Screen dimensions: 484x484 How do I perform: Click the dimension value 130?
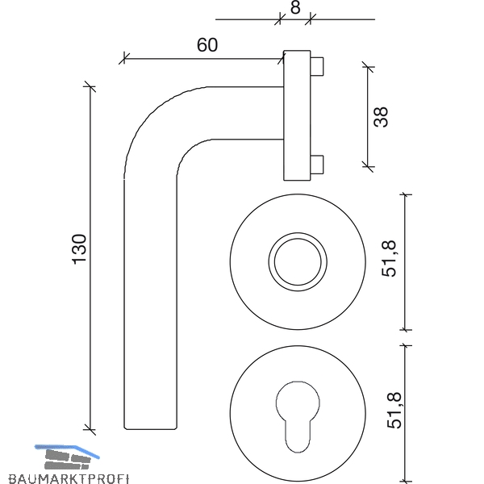[x=79, y=249]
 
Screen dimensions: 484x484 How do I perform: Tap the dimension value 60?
[x=207, y=45]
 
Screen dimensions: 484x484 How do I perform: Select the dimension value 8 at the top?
[x=295, y=7]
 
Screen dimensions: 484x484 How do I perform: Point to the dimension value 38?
[x=381, y=117]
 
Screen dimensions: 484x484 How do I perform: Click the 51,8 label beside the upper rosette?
[x=389, y=259]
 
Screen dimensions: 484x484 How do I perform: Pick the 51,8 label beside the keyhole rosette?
[x=394, y=410]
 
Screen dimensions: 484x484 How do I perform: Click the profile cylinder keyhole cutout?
[x=298, y=417]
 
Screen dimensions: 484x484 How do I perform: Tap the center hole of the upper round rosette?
[x=298, y=261]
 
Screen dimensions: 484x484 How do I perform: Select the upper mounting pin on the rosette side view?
[x=317, y=66]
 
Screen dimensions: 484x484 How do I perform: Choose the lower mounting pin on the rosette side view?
[x=317, y=165]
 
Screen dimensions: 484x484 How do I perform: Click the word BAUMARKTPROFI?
[x=69, y=478]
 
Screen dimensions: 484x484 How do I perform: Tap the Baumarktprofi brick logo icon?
[x=67, y=457]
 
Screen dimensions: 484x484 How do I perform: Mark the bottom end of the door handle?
[x=150, y=429]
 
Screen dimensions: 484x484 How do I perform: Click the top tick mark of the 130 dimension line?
[x=90, y=87]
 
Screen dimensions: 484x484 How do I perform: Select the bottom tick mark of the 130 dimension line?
[x=90, y=429]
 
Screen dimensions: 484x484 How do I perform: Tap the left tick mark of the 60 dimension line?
[x=124, y=58]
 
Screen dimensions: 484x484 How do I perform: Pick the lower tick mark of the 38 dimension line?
[x=368, y=166]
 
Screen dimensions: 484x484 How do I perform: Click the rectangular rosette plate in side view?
[x=297, y=115]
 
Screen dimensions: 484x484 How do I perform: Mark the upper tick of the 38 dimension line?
[x=368, y=67]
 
